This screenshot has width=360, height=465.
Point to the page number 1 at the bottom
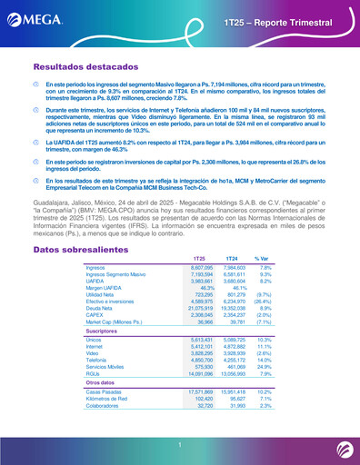coord(180,444)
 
